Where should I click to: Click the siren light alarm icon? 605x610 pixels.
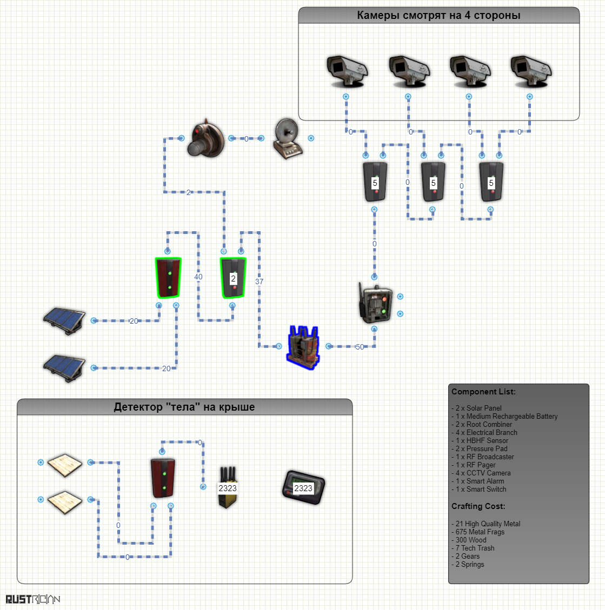pyautogui.click(x=205, y=138)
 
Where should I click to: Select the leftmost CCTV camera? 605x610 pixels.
pyautogui.click(x=347, y=70)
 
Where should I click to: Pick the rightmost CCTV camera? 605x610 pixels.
pyautogui.click(x=531, y=70)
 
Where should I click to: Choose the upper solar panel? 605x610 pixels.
pyautogui.click(x=65, y=320)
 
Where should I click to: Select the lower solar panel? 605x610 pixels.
pyautogui.click(x=65, y=368)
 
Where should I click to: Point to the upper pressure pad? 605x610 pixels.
pyautogui.click(x=65, y=465)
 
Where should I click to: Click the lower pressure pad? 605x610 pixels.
pyautogui.click(x=65, y=502)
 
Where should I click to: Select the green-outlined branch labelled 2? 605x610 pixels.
pyautogui.click(x=233, y=278)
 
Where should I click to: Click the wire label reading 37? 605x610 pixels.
pyautogui.click(x=260, y=281)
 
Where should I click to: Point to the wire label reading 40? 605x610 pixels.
pyautogui.click(x=198, y=277)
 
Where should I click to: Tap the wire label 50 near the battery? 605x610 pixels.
pyautogui.click(x=360, y=347)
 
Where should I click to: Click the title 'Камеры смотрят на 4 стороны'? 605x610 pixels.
pyautogui.click(x=438, y=15)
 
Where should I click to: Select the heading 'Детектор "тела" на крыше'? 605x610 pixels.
pyautogui.click(x=184, y=407)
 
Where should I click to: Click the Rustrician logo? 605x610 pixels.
pyautogui.click(x=33, y=599)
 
